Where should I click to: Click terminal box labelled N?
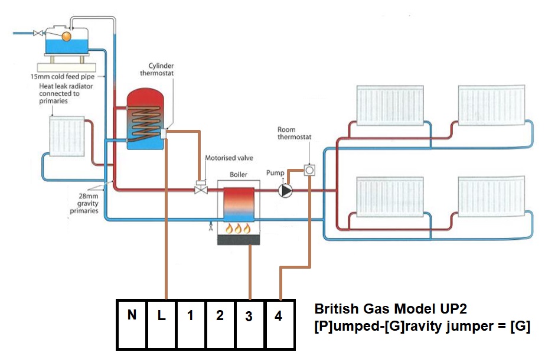coord(131,324)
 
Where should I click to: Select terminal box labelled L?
coord(161,324)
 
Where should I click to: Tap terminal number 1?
coord(190,324)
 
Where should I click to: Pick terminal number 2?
coord(220,324)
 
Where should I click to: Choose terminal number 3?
coord(249,324)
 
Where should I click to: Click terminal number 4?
coord(279,324)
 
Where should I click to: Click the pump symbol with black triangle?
coord(286,191)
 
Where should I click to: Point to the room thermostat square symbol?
coord(309,171)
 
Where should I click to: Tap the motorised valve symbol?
coord(200,187)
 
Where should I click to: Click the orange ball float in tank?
coord(66,36)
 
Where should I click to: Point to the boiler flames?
coord(237,229)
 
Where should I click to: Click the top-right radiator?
coord(491,105)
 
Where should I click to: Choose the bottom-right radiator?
coord(491,199)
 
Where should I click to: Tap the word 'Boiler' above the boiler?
coord(238,175)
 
